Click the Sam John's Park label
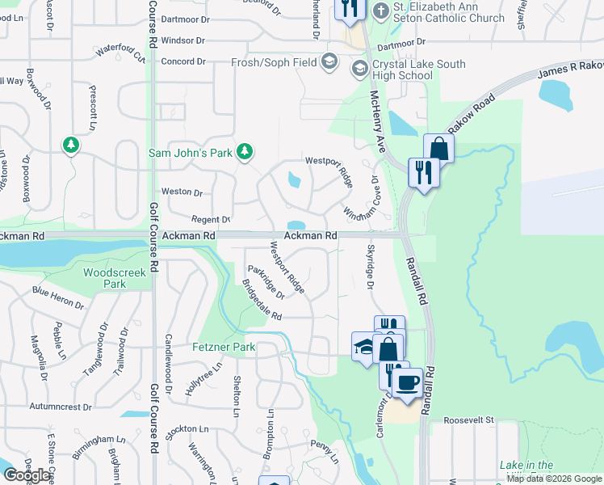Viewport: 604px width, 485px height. (190, 152)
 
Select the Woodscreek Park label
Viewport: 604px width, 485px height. (115, 278)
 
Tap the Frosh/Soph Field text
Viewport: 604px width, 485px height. (274, 61)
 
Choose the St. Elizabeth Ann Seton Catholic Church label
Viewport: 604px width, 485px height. (448, 12)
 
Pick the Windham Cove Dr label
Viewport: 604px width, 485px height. (361, 200)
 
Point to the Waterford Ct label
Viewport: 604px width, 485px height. (120, 53)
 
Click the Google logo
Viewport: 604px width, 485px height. (27, 475)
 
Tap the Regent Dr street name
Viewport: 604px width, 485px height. (210, 220)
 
